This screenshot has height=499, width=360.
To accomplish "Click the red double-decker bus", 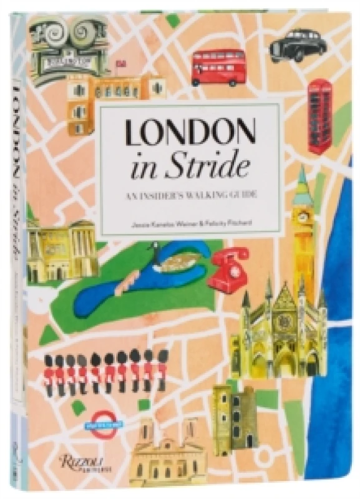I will pos(218,67).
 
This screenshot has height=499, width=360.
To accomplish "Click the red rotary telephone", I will pos(229,269).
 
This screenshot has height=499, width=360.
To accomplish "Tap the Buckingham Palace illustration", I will pos(59,247).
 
